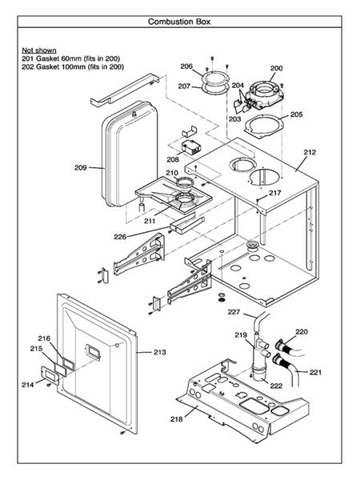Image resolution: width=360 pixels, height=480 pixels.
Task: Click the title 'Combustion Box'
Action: tap(179, 22)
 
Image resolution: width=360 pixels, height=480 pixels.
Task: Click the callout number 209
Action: tap(80, 168)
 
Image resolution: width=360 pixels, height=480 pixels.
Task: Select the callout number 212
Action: tap(310, 151)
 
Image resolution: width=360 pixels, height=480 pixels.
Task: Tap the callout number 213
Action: tap(159, 351)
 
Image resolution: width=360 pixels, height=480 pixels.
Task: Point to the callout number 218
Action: tap(176, 419)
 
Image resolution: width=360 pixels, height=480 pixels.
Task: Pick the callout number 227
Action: tap(234, 311)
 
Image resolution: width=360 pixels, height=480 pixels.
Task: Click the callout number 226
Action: tap(120, 236)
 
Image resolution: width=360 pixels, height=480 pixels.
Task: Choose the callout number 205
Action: tap(297, 115)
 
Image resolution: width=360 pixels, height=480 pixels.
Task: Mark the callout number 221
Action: tap(316, 372)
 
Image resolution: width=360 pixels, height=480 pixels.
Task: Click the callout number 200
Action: tap(276, 69)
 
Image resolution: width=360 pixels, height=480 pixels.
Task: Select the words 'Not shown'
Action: tap(37, 50)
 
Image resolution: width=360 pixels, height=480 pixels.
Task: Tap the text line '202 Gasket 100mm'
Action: tap(72, 67)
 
